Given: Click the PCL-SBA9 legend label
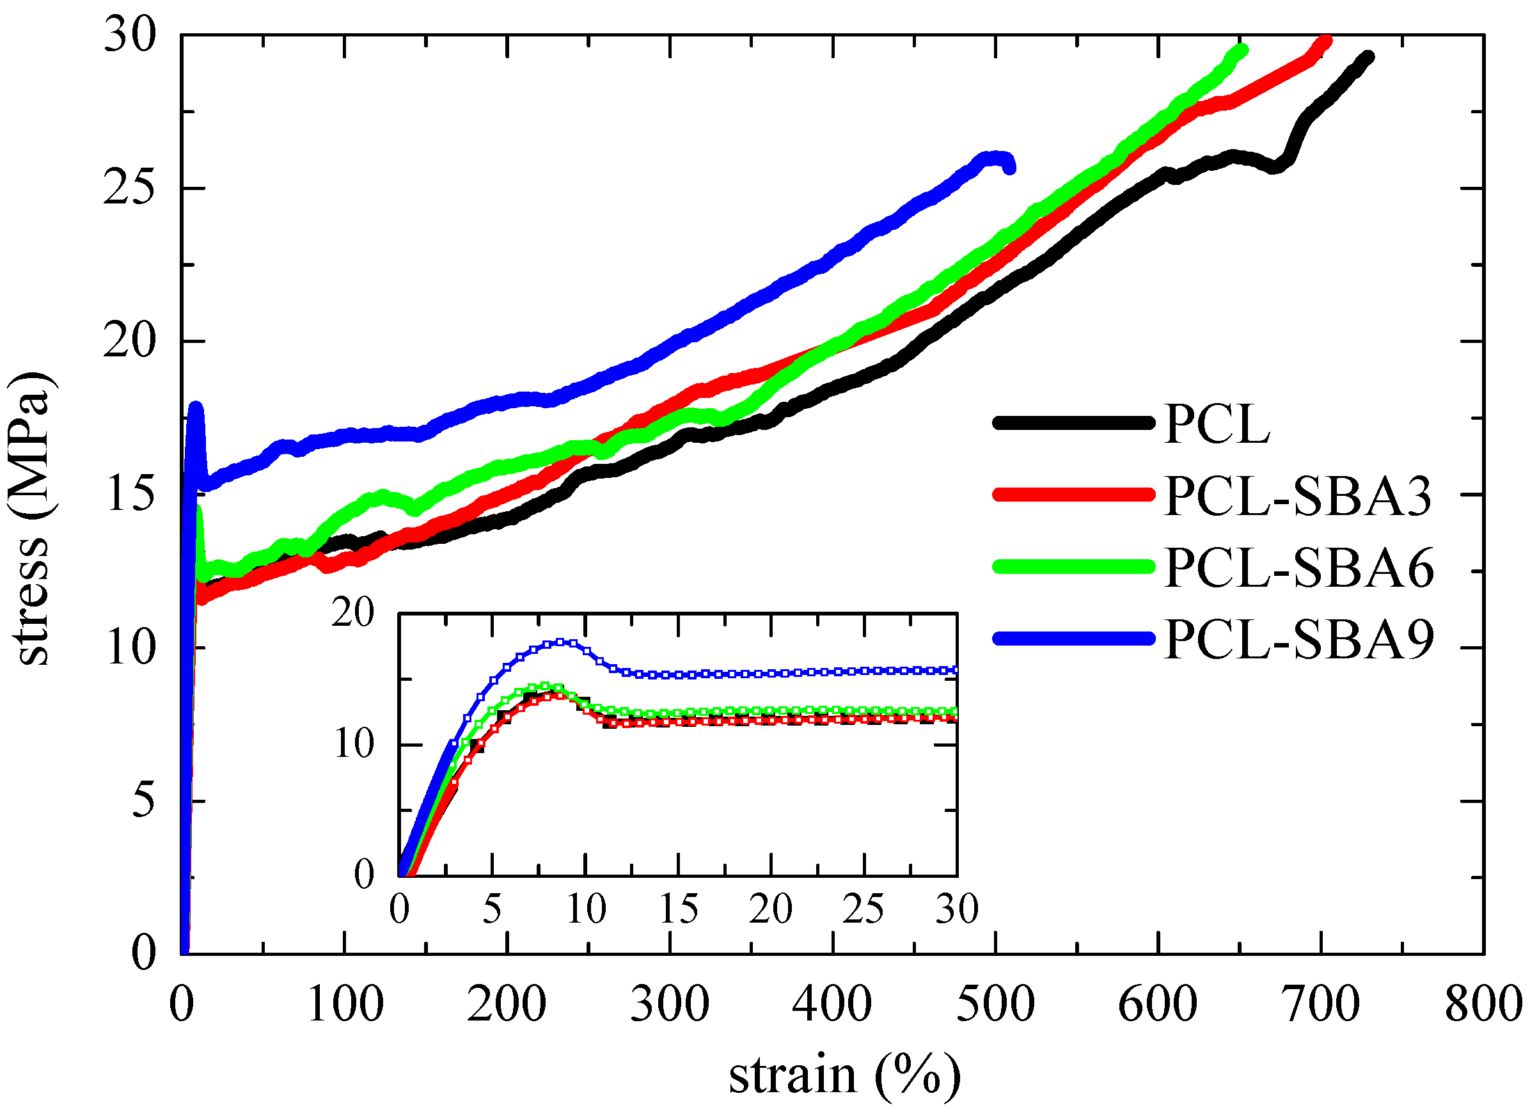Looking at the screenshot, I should click(x=1298, y=639).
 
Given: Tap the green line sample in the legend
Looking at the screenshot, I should click(x=1073, y=566).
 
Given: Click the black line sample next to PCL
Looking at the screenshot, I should click(x=1073, y=423).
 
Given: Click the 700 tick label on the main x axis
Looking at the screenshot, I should click(x=1320, y=1005).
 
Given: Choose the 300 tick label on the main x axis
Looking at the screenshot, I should click(x=669, y=1005).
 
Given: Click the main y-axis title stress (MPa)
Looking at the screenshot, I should click(x=30, y=520).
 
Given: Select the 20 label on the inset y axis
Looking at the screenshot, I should click(x=352, y=614).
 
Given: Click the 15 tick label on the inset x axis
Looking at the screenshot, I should click(x=678, y=909).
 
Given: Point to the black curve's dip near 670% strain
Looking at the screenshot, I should click(x=1274, y=168).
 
